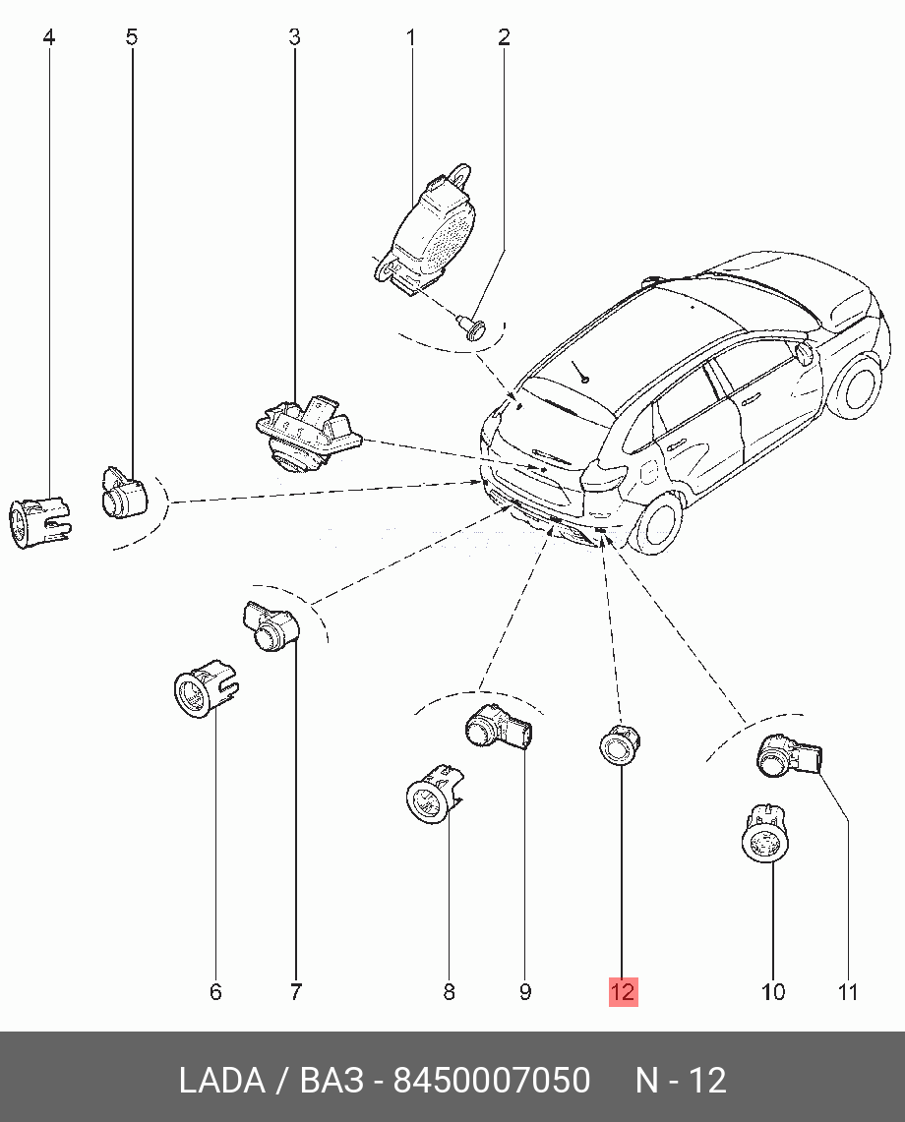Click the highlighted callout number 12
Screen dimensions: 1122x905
tap(623, 992)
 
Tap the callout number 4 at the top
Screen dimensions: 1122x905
tap(49, 38)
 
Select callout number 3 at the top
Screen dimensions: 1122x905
tap(294, 38)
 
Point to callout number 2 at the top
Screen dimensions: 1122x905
tap(504, 38)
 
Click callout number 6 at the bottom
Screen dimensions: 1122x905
tap(215, 992)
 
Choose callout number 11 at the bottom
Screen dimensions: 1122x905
tap(848, 992)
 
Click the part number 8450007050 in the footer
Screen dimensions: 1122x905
tap(492, 1081)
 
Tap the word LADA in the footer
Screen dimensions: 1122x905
tap(221, 1081)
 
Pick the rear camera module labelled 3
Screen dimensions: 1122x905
tap(303, 433)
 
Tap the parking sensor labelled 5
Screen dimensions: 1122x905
tap(123, 492)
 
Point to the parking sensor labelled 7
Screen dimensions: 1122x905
tap(271, 626)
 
